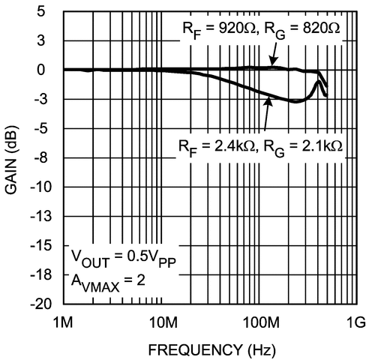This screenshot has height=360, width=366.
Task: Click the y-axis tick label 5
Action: [50, 11]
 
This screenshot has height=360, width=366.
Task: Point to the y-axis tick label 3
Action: [50, 40]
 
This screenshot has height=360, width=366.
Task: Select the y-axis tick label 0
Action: [50, 70]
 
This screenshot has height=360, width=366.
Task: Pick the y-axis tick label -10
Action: [45, 187]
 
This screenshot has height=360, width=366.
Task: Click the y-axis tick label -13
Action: [45, 216]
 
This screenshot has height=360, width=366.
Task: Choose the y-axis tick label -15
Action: [45, 245]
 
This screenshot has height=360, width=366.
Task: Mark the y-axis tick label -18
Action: [45, 274]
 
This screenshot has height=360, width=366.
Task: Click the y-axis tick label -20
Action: [45, 304]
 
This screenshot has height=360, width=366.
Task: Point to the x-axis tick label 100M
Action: [259, 322]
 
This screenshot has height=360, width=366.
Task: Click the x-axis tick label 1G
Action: [355, 322]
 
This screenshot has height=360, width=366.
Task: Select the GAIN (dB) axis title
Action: [13, 157]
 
